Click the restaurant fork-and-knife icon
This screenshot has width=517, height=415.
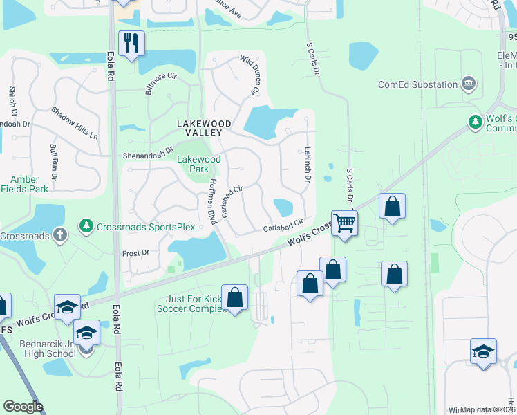coord(129,44)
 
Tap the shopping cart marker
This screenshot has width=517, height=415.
coord(344,223)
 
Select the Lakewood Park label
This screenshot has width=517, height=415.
coord(198,164)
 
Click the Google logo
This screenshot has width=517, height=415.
coord(23,406)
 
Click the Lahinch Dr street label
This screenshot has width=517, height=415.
coord(306,165)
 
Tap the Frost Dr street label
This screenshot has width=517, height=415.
coord(135,253)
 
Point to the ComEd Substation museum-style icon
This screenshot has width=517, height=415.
coord(469,84)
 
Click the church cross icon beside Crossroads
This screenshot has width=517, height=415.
coord(60,235)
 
